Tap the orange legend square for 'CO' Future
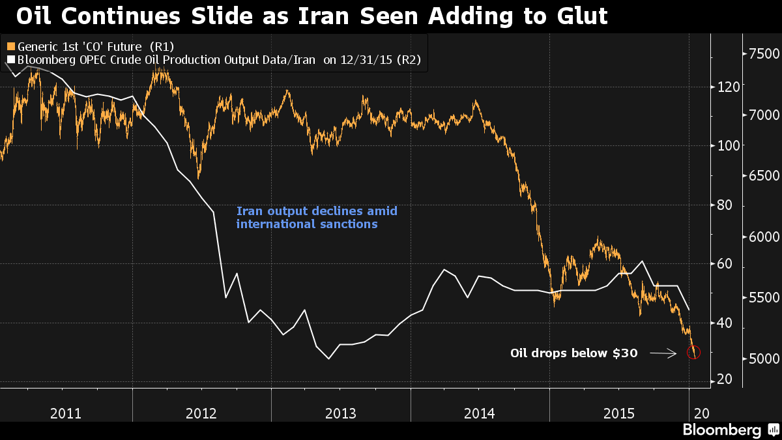click(x=10, y=46)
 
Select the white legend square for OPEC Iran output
click(x=10, y=61)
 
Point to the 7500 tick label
click(x=760, y=54)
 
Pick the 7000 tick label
click(x=760, y=115)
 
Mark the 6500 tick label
click(x=760, y=176)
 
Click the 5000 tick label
click(x=760, y=359)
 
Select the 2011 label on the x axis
click(x=66, y=413)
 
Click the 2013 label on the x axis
click(x=340, y=413)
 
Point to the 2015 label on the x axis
click(x=619, y=413)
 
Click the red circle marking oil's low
click(x=693, y=353)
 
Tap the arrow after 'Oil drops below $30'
click(x=663, y=353)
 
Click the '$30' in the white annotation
click(x=624, y=353)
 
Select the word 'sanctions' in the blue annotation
click(x=353, y=224)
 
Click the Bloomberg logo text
click(x=721, y=430)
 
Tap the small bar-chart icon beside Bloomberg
click(x=773, y=430)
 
